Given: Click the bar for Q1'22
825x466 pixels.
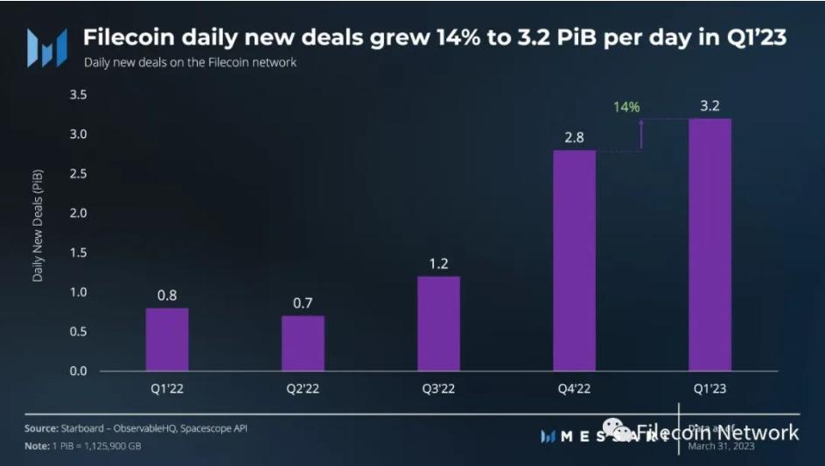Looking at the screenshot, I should [x=166, y=339].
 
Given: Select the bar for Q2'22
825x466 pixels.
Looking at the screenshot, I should [x=303, y=343].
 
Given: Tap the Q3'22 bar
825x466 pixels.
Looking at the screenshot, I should [x=438, y=323].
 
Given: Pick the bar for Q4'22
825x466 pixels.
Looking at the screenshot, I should [x=574, y=261].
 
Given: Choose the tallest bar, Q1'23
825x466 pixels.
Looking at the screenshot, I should [x=710, y=245].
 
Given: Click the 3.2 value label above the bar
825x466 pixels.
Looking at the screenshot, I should [x=710, y=107].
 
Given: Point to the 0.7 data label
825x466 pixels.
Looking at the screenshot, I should [x=303, y=303].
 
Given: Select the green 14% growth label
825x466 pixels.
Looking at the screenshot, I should [x=626, y=107].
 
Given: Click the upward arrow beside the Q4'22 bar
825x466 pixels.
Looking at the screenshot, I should [x=641, y=134].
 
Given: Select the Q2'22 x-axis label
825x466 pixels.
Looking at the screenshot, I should [x=303, y=389].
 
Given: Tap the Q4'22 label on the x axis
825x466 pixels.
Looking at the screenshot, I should [x=574, y=389].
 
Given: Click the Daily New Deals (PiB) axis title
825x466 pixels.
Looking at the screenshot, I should [x=38, y=225].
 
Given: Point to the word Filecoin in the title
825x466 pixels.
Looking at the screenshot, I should [x=125, y=38].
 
